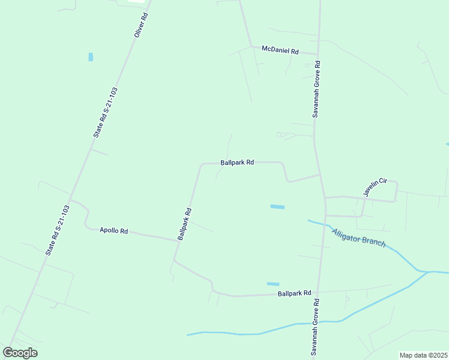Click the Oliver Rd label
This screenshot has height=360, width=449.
pos(141,25)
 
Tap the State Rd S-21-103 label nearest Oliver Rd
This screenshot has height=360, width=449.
pos(106,112)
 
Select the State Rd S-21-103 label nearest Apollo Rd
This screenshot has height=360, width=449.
pos(58,230)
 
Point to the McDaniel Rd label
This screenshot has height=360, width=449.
pos(280,51)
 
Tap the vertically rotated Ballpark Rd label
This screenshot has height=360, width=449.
pos(184,224)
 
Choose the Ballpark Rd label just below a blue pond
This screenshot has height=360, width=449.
pos(295,293)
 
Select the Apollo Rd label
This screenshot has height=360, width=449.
pos(113,230)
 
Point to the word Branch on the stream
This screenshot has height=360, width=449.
pos(373,244)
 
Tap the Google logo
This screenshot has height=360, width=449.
pos(20,353)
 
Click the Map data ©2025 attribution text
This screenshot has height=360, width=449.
pos(423,355)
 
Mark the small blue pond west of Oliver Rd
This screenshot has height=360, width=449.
pos(91,57)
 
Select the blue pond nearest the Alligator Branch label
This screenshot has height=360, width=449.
pos(277,207)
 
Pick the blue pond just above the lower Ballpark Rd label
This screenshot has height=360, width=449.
pos(273,284)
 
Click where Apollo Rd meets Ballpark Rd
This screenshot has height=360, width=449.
pos(178,240)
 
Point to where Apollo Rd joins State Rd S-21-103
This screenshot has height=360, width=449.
pos(70,200)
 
